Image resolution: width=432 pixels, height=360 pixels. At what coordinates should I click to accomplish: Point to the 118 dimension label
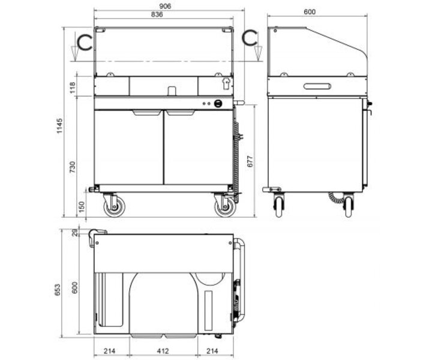pos(73,88)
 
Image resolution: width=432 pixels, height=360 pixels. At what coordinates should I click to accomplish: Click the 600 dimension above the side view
pos(310,12)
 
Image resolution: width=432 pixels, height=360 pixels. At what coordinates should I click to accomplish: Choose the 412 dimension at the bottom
pos(163,350)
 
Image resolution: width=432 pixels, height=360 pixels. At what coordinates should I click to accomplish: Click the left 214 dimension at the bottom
pos(111,350)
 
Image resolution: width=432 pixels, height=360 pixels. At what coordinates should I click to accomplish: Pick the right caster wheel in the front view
pos(224,207)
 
